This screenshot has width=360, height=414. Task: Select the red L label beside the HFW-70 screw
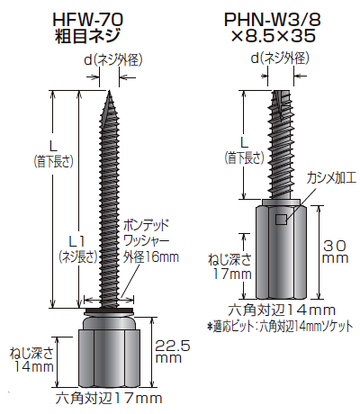[42, 147]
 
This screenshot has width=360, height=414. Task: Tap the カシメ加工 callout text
[328, 179]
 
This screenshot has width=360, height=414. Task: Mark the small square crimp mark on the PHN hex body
[280, 219]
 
